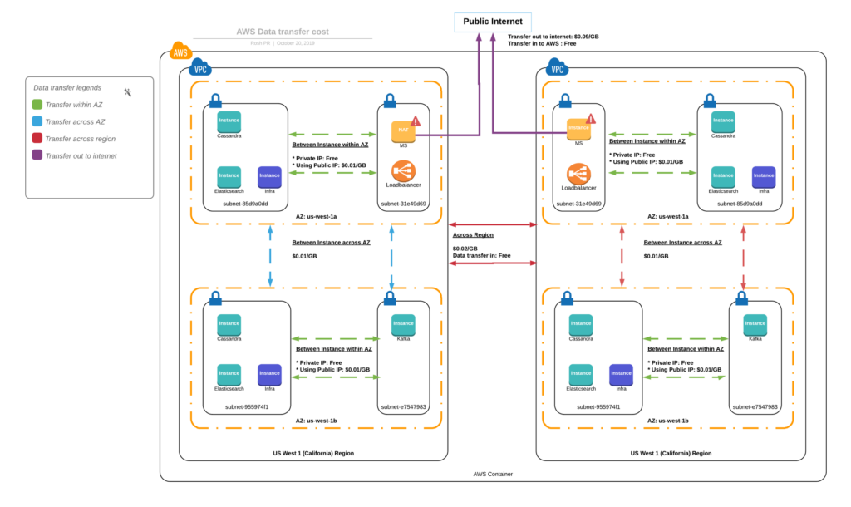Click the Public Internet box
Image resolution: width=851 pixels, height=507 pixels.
point(491,21)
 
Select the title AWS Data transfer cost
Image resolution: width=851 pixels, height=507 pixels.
point(282,32)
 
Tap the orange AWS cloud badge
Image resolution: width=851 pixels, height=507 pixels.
point(180,52)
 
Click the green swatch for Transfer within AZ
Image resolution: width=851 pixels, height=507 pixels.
point(37,104)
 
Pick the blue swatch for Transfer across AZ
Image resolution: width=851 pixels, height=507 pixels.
point(37,121)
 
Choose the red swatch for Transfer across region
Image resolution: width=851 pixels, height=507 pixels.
point(37,139)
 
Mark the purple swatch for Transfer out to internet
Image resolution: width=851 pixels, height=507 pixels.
point(37,155)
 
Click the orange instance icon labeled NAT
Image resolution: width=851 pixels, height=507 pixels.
point(403,130)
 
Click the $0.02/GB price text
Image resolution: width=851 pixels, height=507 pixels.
point(465,249)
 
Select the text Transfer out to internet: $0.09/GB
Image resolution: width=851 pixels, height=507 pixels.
point(553,37)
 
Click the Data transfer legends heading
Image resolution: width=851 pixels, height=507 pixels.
point(67,87)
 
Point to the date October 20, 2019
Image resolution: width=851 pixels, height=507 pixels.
point(296,43)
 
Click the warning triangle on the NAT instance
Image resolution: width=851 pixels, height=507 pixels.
point(416,121)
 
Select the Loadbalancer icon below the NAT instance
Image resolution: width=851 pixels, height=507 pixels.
point(403,173)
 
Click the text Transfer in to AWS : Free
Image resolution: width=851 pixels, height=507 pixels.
point(542,44)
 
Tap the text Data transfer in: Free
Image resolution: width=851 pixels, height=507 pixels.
point(482,256)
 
